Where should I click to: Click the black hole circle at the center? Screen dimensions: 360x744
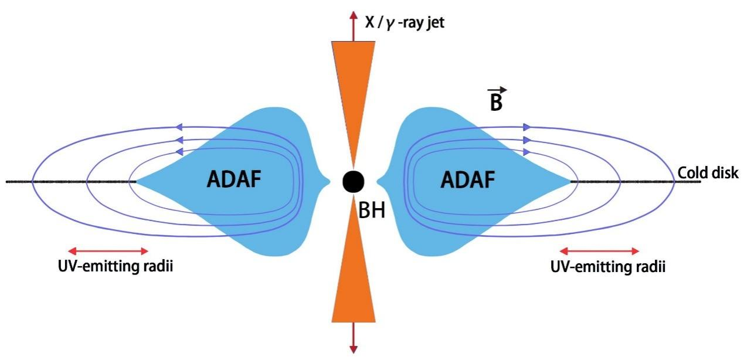(354, 182)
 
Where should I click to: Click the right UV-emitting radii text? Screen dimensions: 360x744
(608, 267)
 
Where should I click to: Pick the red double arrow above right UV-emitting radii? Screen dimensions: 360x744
(599, 251)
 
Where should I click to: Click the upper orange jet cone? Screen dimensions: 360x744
(353, 82)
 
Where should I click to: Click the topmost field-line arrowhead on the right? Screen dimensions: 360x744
(526, 127)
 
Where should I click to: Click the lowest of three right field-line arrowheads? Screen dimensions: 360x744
(526, 151)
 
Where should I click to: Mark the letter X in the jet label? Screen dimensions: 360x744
(370, 24)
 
